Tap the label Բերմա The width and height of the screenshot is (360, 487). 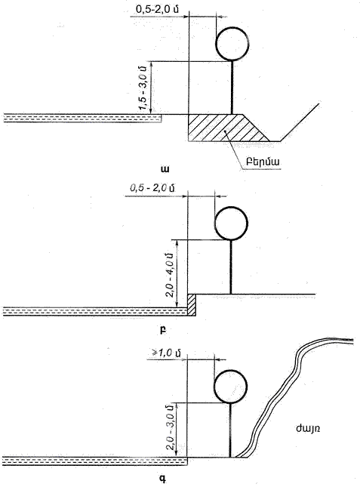pyautogui.click(x=263, y=162)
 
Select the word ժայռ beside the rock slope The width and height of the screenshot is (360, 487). pyautogui.click(x=308, y=429)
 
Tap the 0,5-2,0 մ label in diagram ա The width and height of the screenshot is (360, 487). pyautogui.click(x=157, y=9)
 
